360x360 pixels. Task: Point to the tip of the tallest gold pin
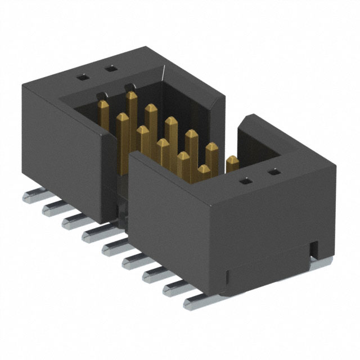pyautogui.click(x=132, y=96)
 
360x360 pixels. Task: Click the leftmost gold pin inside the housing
pyautogui.click(x=103, y=105)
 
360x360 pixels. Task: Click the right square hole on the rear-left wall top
pyautogui.click(x=111, y=69)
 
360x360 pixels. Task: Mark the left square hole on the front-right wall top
pyautogui.click(x=246, y=182)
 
